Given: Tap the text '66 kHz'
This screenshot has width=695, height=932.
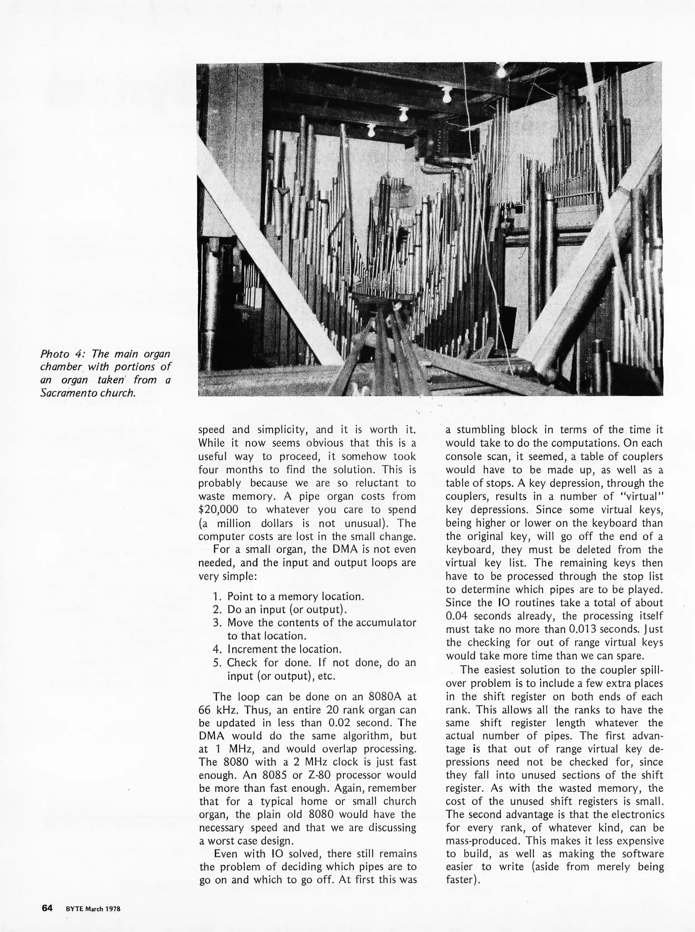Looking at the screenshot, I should tap(218, 710).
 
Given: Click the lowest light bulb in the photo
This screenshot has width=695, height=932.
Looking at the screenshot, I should tap(371, 130).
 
